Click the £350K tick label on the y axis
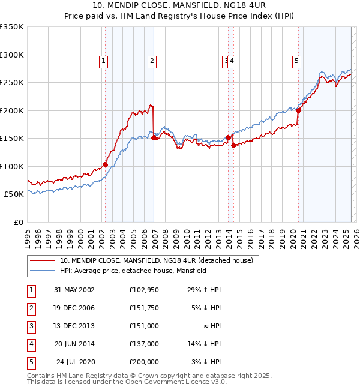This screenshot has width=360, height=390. pyautogui.click(x=12, y=27)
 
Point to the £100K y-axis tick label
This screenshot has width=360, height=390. pyautogui.click(x=12, y=166)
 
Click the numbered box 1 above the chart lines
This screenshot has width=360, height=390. pyautogui.click(x=104, y=60)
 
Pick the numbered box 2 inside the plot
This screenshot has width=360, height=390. pyautogui.click(x=152, y=60)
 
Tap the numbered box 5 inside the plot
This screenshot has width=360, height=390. pyautogui.click(x=297, y=60)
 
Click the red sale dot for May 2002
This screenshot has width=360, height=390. pyautogui.click(x=105, y=164)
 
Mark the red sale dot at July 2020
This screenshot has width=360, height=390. pyautogui.click(x=298, y=110)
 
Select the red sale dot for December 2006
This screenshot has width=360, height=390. pyautogui.click(x=154, y=137)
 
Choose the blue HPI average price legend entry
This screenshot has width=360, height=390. pyautogui.click(x=133, y=271)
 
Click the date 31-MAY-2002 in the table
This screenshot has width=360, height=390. pyautogui.click(x=74, y=290)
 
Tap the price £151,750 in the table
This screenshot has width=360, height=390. pyautogui.click(x=144, y=308)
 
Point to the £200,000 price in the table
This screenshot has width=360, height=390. pyautogui.click(x=144, y=362)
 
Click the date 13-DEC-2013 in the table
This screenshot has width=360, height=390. pyautogui.click(x=74, y=326)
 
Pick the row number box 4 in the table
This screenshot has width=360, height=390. pyautogui.click(x=30, y=344)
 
